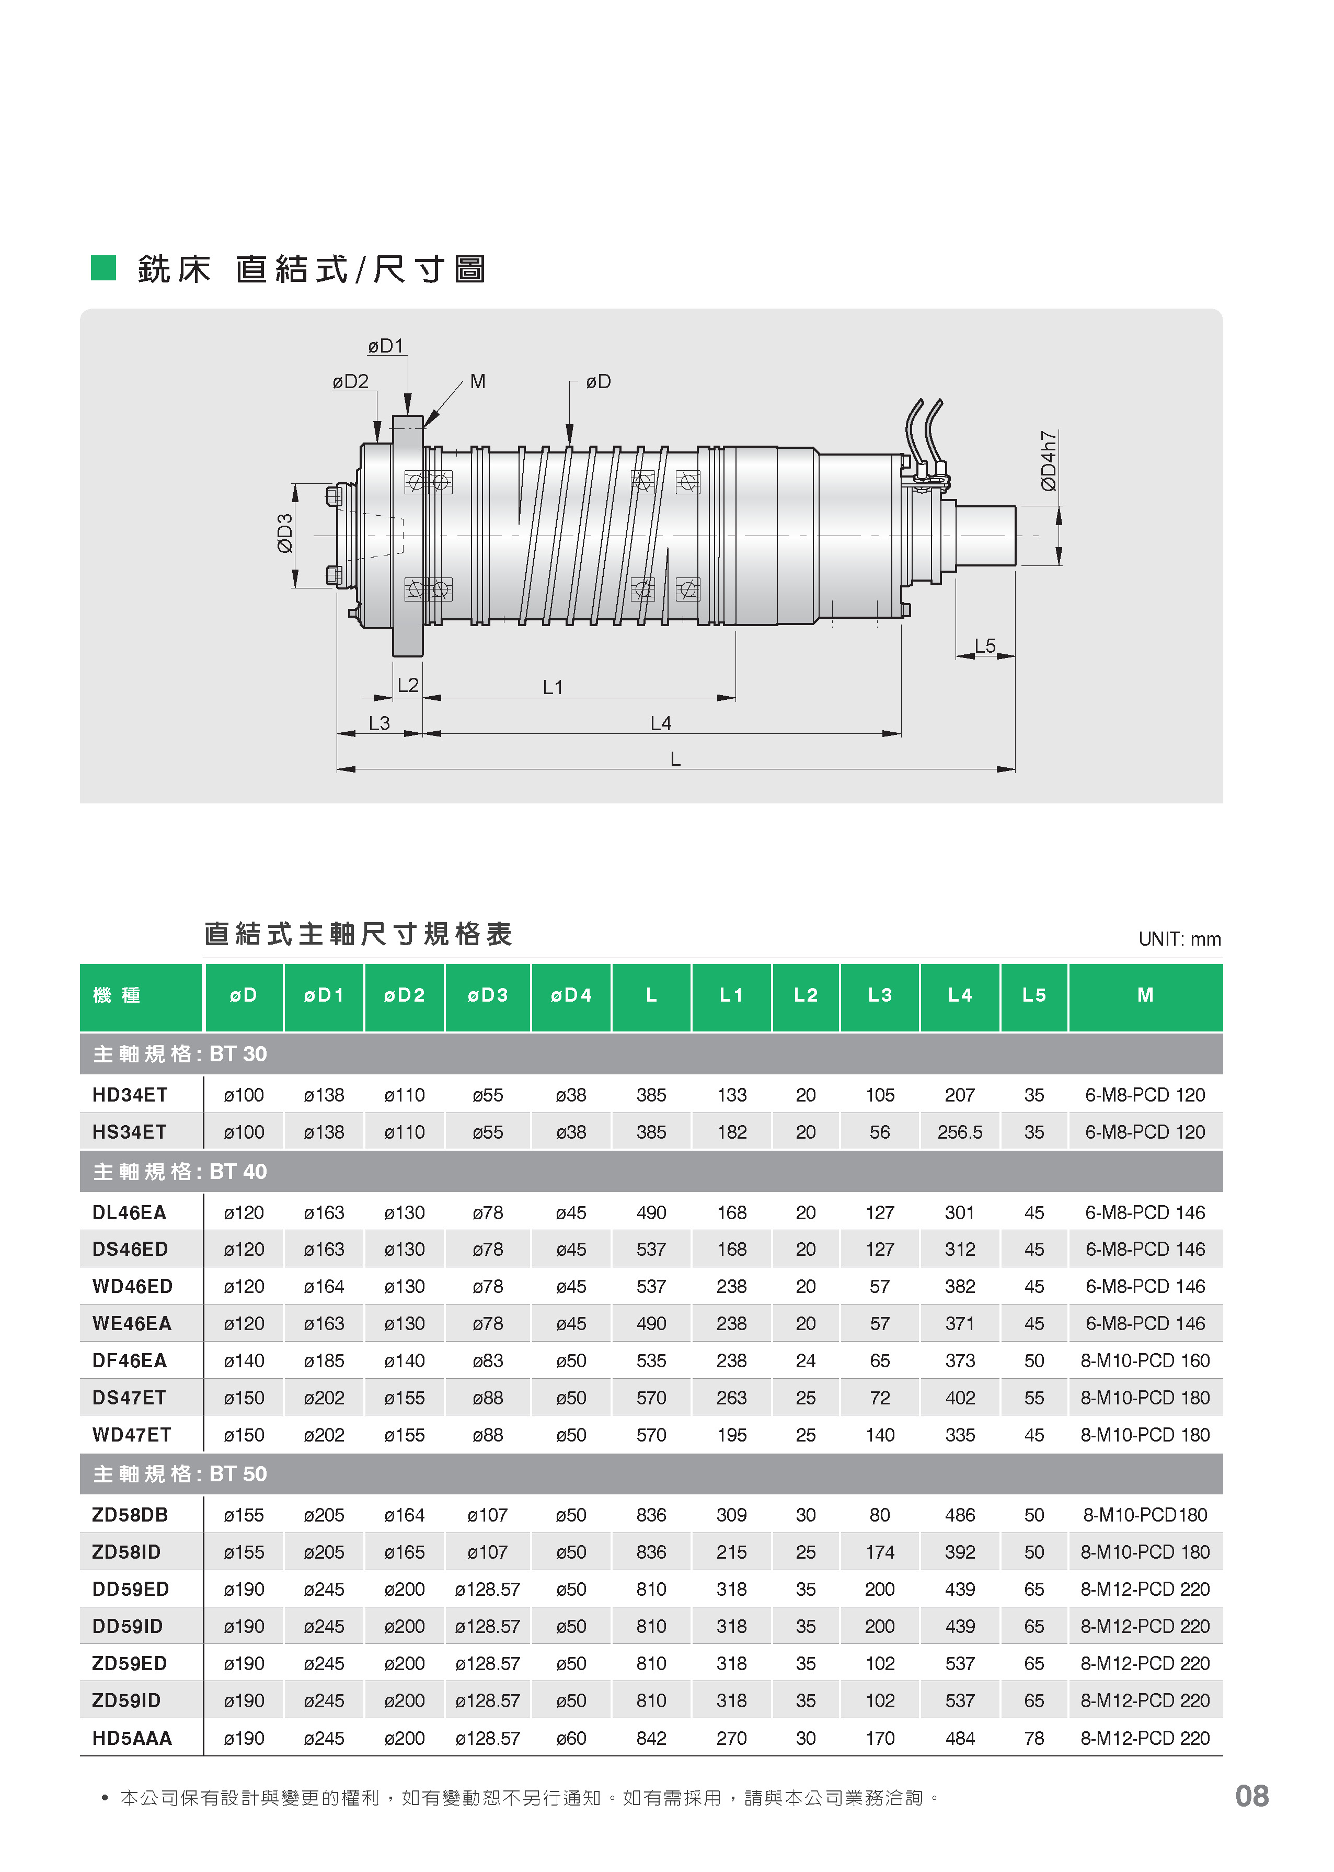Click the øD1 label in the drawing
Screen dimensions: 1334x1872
(386, 346)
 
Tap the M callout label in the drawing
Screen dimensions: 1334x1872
(478, 381)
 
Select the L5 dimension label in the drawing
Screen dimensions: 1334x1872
(985, 646)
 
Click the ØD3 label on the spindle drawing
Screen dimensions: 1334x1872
(285, 534)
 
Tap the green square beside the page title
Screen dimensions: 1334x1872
(103, 268)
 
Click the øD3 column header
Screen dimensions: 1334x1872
(488, 995)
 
